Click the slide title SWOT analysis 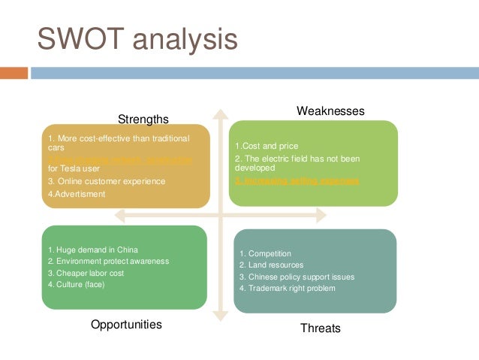pyautogui.click(x=137, y=40)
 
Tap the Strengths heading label pyautogui.click(x=143, y=119)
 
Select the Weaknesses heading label pyautogui.click(x=330, y=110)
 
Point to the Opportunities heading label pyautogui.click(x=126, y=325)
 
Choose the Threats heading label pyautogui.click(x=321, y=328)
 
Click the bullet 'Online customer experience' pyautogui.click(x=108, y=181)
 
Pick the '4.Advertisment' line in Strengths pyautogui.click(x=77, y=194)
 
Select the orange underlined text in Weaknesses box pyautogui.click(x=297, y=181)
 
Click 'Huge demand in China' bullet pyautogui.click(x=93, y=250)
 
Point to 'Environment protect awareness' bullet pyautogui.click(x=108, y=261)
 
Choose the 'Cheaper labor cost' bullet pyautogui.click(x=87, y=273)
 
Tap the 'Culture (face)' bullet pyautogui.click(x=77, y=284)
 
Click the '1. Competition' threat pyautogui.click(x=265, y=254)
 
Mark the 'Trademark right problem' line pyautogui.click(x=288, y=288)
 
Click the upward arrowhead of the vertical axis pyautogui.click(x=220, y=114)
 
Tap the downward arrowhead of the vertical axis pyautogui.click(x=220, y=316)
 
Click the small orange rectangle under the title pyautogui.click(x=14, y=73)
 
